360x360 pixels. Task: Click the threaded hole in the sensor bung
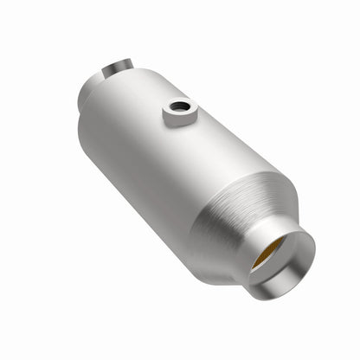point(180,107)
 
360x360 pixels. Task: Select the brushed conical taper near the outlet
point(234,216)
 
